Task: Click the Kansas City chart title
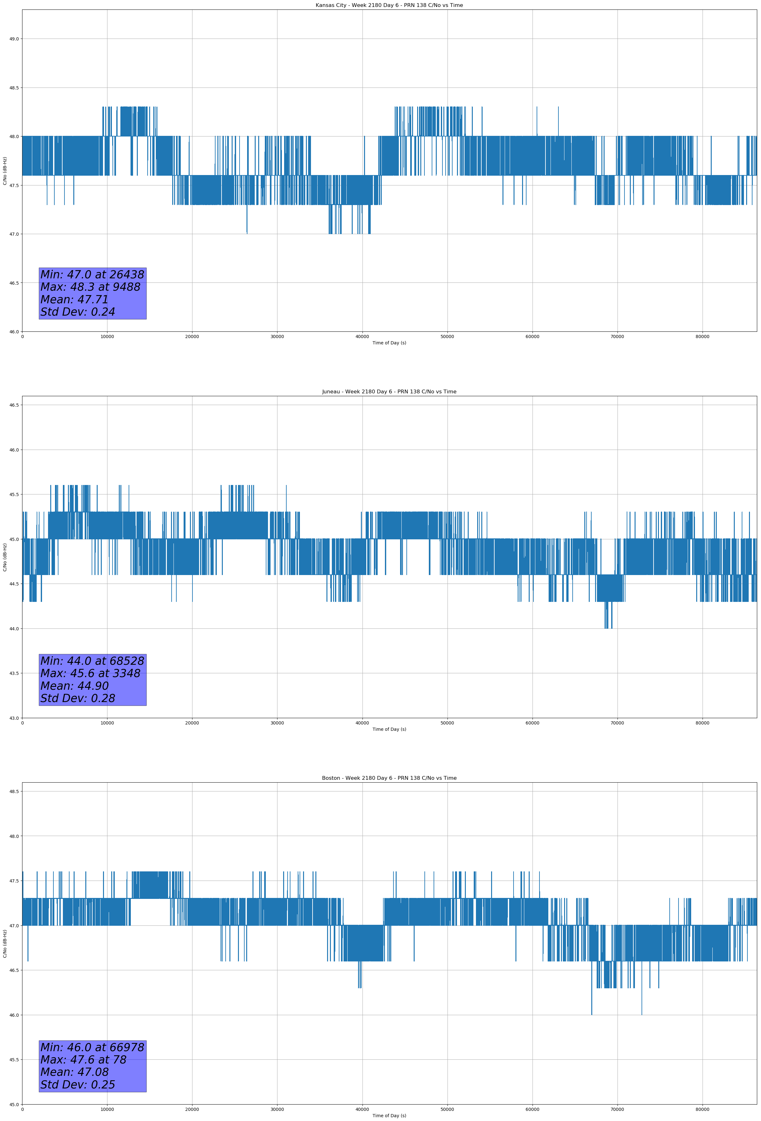[389, 5]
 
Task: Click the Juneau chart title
[389, 392]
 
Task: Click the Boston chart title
[389, 778]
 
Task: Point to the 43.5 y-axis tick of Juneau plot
[14, 673]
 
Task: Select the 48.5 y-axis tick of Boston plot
[14, 791]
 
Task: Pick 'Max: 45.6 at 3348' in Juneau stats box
[90, 673]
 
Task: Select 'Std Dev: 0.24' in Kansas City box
[78, 312]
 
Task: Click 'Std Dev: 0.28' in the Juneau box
[78, 699]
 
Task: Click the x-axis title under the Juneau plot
[389, 729]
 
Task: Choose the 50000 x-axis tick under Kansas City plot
[447, 337]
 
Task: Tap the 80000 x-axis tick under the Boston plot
[702, 1109]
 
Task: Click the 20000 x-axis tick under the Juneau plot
[192, 723]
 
